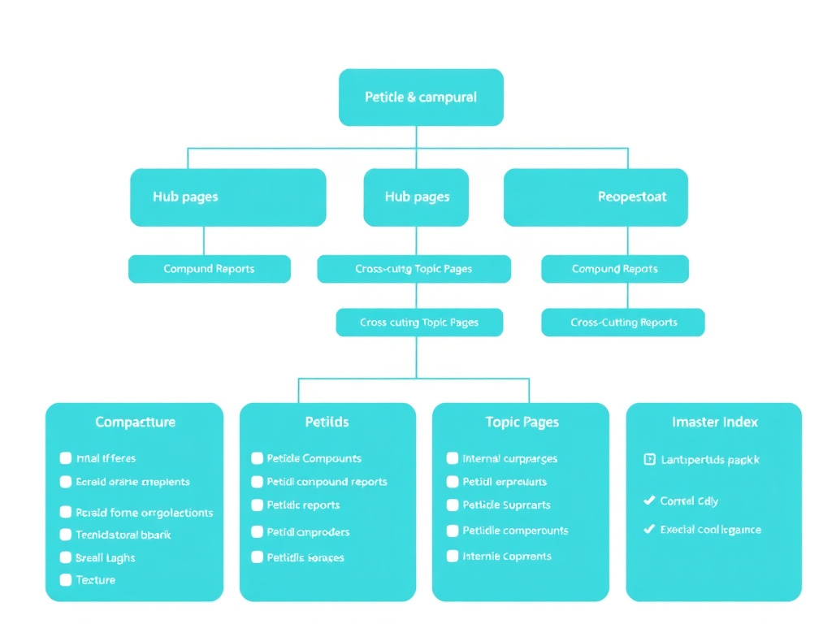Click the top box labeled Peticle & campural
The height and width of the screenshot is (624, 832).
pyautogui.click(x=420, y=97)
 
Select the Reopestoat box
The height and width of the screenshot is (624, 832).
pyautogui.click(x=596, y=197)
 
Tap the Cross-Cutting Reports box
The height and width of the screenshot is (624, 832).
pyautogui.click(x=622, y=323)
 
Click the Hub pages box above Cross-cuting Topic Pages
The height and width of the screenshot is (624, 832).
pyautogui.click(x=416, y=197)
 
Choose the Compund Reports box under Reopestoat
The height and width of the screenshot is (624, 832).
pyautogui.click(x=614, y=269)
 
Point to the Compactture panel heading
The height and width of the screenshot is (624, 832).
pyautogui.click(x=135, y=422)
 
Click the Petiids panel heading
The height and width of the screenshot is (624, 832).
pyautogui.click(x=327, y=422)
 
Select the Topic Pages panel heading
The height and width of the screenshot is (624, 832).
pyautogui.click(x=522, y=422)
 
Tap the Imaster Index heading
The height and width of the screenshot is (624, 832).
pyautogui.click(x=714, y=422)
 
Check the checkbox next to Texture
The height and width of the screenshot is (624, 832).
pyautogui.click(x=66, y=580)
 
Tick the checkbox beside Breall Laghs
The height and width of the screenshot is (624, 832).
pyautogui.click(x=66, y=558)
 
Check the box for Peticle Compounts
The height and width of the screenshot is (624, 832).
pyautogui.click(x=258, y=458)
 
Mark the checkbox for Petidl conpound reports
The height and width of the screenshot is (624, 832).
pyautogui.click(x=258, y=482)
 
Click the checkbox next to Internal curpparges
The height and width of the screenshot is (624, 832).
pyautogui.click(x=453, y=458)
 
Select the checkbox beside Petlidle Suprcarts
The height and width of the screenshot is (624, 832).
pyautogui.click(x=453, y=505)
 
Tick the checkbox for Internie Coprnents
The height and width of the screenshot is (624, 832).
pyautogui.click(x=453, y=557)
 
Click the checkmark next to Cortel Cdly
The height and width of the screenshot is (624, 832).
pyautogui.click(x=648, y=500)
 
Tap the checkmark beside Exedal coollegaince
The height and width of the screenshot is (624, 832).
pyautogui.click(x=648, y=529)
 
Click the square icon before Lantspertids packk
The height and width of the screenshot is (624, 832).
pyautogui.click(x=649, y=459)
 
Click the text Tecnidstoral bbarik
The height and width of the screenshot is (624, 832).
pyautogui.click(x=123, y=535)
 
